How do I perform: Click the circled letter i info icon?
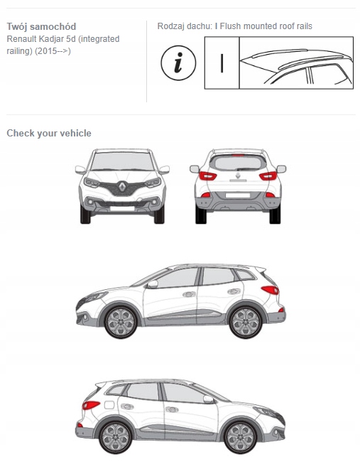(x=178, y=63)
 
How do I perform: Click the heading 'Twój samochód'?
(x=41, y=26)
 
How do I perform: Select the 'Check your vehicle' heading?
(x=49, y=133)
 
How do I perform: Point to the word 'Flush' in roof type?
(x=230, y=26)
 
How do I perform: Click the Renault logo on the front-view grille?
(x=122, y=187)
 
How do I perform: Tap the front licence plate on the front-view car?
(x=122, y=208)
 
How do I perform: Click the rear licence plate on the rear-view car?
(x=238, y=195)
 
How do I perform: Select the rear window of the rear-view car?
(x=238, y=163)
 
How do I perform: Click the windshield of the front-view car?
(x=122, y=161)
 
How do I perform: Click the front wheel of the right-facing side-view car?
(x=240, y=438)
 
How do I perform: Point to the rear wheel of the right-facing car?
(x=115, y=438)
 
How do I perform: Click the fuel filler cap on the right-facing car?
(x=109, y=405)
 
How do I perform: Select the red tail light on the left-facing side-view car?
(x=270, y=290)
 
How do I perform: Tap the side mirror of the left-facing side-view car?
(x=153, y=284)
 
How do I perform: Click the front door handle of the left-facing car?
(x=189, y=294)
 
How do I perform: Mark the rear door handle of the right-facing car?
(x=127, y=406)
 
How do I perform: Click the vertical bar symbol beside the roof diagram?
(x=222, y=63)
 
